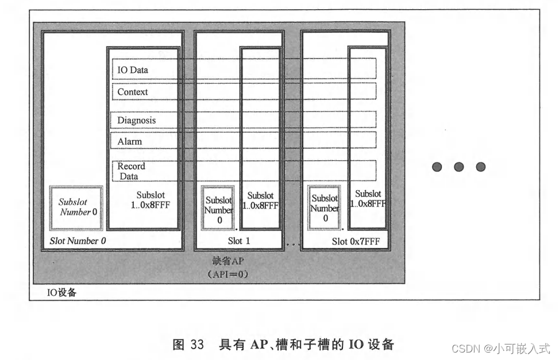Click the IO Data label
(x=133, y=70)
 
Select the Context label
(x=133, y=92)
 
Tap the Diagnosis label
(x=137, y=121)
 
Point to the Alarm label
(x=129, y=141)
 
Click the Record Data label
(x=131, y=171)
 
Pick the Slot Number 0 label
(x=78, y=241)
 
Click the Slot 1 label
(x=238, y=241)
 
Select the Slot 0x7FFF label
(x=356, y=241)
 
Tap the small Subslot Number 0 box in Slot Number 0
(x=76, y=207)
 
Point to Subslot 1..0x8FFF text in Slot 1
(x=261, y=200)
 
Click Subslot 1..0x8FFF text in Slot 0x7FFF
(x=368, y=199)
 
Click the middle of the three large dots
(x=458, y=167)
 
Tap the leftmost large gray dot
(x=437, y=167)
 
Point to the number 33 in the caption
(x=197, y=345)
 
